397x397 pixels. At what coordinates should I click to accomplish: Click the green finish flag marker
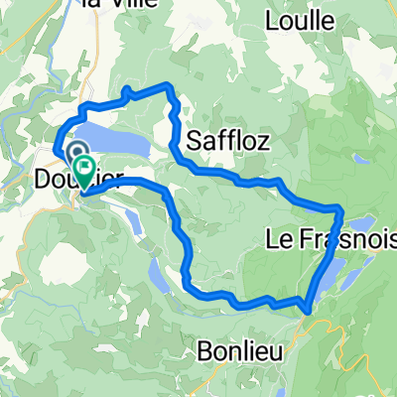pos(83,171)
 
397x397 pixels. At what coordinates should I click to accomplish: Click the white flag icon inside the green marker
pos(83,169)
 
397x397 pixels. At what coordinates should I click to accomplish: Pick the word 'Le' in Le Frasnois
pos(279,238)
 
